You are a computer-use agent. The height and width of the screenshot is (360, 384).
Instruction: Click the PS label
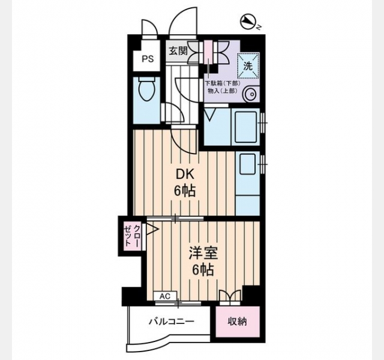click(x=148, y=59)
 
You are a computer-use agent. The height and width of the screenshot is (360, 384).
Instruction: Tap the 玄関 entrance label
click(x=178, y=51)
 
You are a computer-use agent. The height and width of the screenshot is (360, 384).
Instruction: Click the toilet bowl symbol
click(x=146, y=89)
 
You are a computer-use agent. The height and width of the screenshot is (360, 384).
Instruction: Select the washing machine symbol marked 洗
click(x=248, y=65)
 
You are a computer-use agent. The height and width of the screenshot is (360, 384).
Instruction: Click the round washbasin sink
click(x=251, y=94)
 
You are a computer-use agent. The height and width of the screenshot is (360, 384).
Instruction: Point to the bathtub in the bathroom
click(x=245, y=127)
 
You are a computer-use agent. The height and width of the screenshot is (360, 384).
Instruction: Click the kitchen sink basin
click(x=248, y=164)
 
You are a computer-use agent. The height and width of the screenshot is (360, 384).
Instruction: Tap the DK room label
click(x=185, y=175)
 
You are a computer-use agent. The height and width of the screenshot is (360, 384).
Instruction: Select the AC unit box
click(x=165, y=296)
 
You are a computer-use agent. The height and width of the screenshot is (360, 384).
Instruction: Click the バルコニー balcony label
click(x=172, y=322)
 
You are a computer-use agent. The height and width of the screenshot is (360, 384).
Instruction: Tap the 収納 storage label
click(x=238, y=322)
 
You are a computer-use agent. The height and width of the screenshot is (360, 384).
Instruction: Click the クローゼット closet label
click(x=133, y=236)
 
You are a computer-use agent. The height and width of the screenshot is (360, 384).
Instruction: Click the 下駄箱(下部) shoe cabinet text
click(x=223, y=83)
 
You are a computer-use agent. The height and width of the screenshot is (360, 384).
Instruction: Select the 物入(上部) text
click(x=223, y=91)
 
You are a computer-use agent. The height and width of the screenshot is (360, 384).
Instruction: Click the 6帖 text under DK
click(x=185, y=191)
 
